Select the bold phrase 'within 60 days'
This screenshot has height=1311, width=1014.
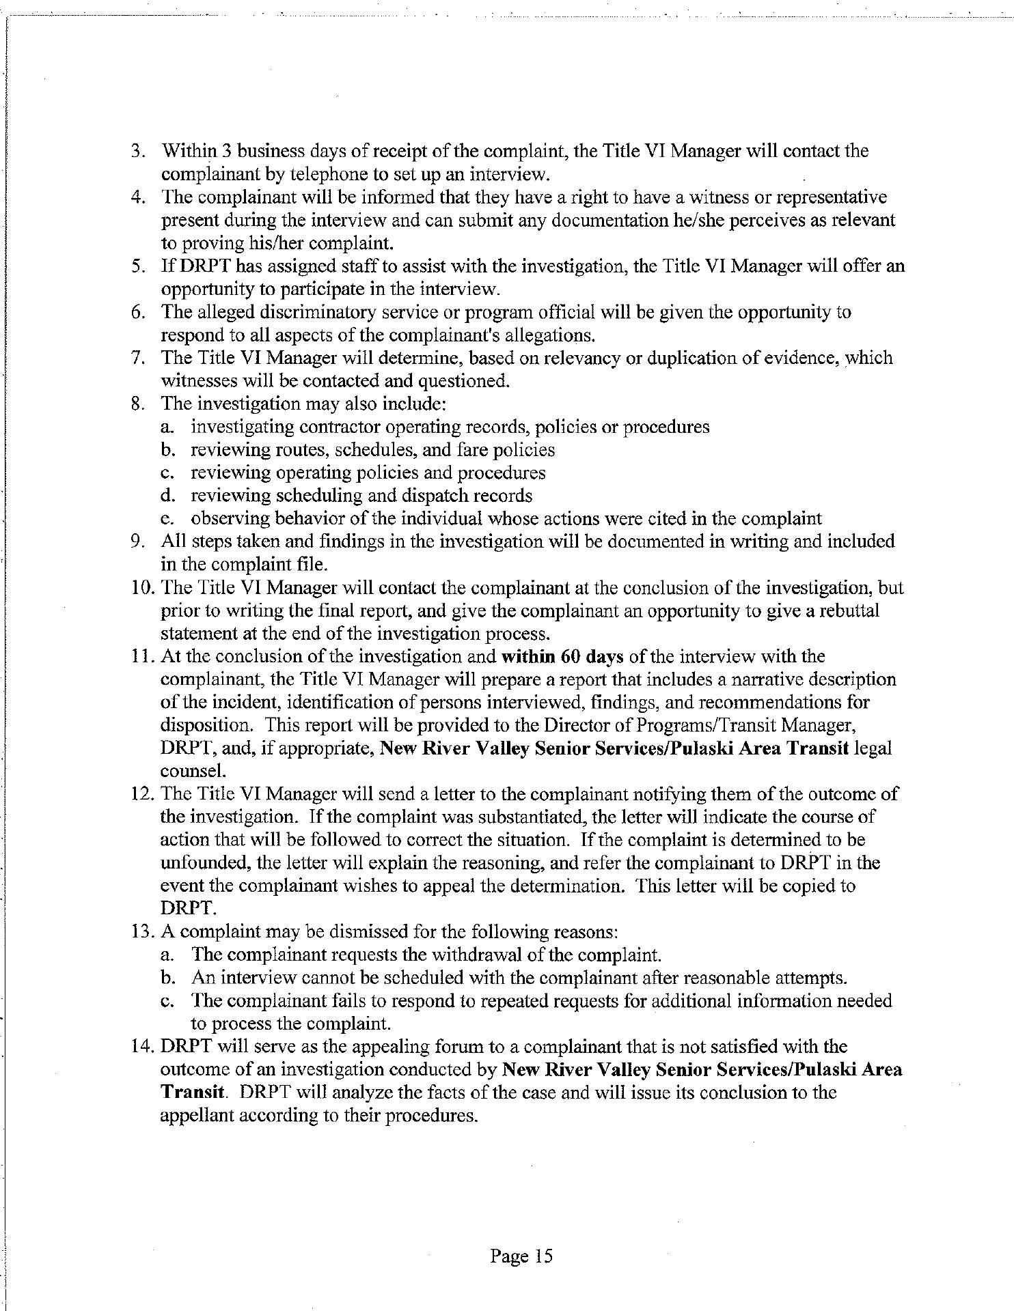tap(560, 657)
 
